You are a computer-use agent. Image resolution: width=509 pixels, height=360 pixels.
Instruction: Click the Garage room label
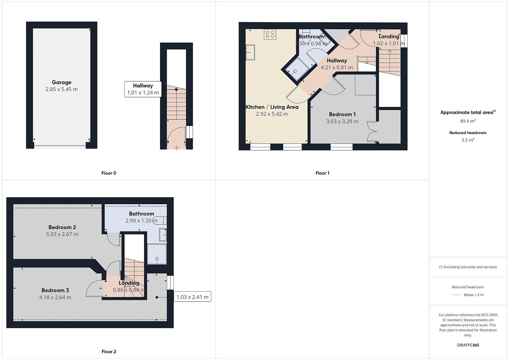62,82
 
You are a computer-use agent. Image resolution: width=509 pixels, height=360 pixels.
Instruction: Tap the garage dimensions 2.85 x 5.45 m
62,89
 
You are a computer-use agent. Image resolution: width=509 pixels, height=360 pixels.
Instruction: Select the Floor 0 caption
108,173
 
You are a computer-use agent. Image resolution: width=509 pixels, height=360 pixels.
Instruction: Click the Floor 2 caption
108,352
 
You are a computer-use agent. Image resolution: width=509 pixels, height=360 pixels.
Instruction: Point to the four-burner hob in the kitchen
270,34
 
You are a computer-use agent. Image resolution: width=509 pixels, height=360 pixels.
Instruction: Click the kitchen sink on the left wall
250,52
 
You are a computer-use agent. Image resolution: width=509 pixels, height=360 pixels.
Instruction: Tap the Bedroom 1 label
342,114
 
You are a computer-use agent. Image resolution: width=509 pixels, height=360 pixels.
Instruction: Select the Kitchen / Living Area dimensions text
272,114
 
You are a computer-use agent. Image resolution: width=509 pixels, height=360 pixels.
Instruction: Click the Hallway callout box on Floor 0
143,89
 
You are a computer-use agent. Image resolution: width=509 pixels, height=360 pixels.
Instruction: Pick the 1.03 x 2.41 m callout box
192,297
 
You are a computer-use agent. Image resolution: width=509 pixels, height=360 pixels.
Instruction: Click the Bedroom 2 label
62,227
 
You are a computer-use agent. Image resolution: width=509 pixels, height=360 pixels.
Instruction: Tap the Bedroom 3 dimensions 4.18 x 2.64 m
55,298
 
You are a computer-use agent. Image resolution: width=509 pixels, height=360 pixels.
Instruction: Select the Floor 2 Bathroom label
142,214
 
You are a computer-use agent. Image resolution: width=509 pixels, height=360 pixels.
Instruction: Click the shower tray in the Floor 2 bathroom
157,254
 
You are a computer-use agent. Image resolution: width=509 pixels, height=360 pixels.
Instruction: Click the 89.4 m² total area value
468,121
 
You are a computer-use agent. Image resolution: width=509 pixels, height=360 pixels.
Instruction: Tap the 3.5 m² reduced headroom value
468,140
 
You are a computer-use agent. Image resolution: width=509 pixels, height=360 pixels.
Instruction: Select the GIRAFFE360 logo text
468,345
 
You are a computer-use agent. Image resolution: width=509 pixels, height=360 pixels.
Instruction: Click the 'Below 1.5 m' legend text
474,295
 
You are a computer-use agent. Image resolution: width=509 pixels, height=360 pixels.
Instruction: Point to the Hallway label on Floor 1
337,61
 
